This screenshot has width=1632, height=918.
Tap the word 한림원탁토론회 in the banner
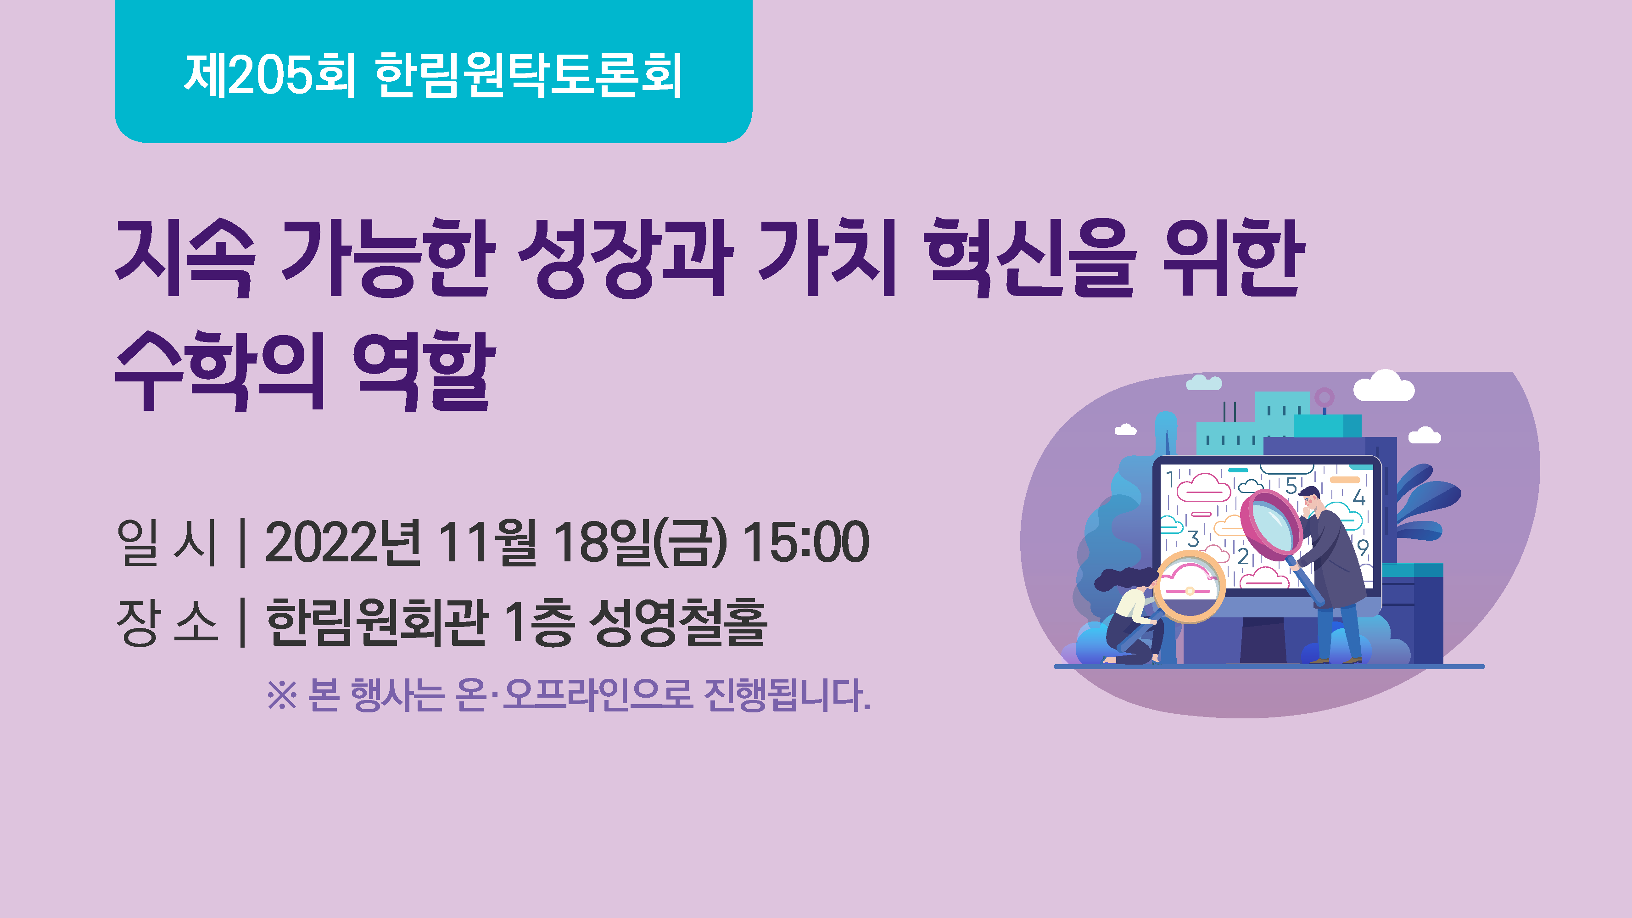pos(528,75)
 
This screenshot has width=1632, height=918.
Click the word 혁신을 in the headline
pos(1028,258)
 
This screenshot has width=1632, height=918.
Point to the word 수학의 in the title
pos(220,370)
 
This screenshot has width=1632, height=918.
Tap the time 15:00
pos(805,543)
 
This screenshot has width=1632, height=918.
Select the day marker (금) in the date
pos(690,543)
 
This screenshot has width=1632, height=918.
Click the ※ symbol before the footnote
pos(282,695)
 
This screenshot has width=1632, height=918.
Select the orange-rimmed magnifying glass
pos(1189,587)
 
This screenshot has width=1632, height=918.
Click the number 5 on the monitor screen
pos(1291,486)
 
